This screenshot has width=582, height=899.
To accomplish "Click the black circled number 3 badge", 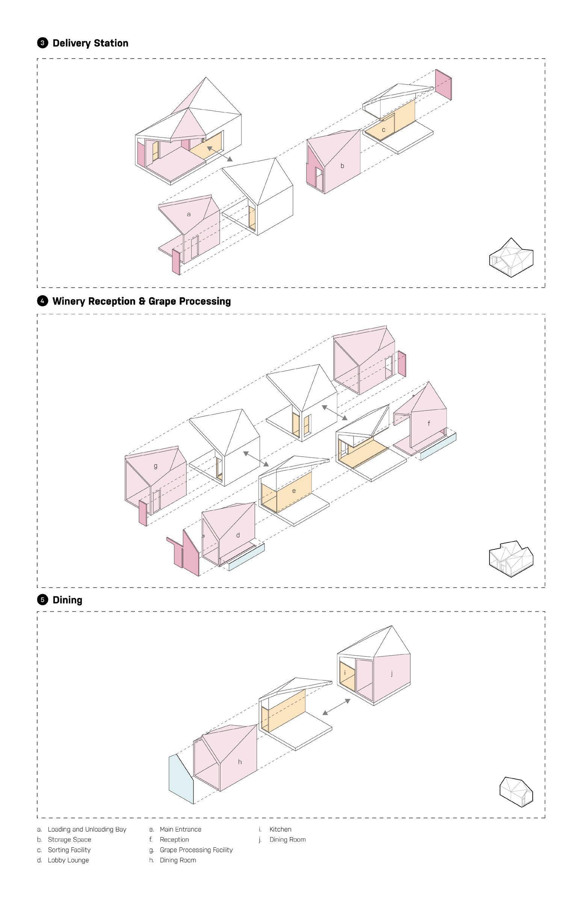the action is tap(42, 43).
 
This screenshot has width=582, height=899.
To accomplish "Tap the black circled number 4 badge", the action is tap(42, 301).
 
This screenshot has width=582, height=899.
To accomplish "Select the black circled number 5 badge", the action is tap(42, 599).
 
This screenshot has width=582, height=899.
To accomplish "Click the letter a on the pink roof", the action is tap(189, 214).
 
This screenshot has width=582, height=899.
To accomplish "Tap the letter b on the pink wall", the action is tap(342, 166).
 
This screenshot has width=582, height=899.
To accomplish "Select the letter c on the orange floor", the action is tap(383, 130).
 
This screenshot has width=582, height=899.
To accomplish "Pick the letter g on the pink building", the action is tap(156, 466).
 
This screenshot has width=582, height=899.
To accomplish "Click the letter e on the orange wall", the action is tap(294, 491).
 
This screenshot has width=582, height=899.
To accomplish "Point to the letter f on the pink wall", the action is tap(429, 424).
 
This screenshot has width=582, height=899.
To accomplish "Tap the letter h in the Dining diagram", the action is tap(240, 762).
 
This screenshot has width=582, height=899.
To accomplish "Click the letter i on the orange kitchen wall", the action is tap(345, 673).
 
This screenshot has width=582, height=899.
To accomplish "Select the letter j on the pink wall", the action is tap(392, 673).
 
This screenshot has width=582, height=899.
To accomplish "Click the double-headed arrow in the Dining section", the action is tap(336, 707).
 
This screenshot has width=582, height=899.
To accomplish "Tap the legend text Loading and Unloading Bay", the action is tap(87, 830).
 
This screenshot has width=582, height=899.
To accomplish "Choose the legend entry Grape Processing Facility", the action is tap(196, 850).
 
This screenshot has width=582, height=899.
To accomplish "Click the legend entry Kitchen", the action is tap(280, 830).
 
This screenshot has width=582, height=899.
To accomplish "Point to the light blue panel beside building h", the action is tap(181, 780).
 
